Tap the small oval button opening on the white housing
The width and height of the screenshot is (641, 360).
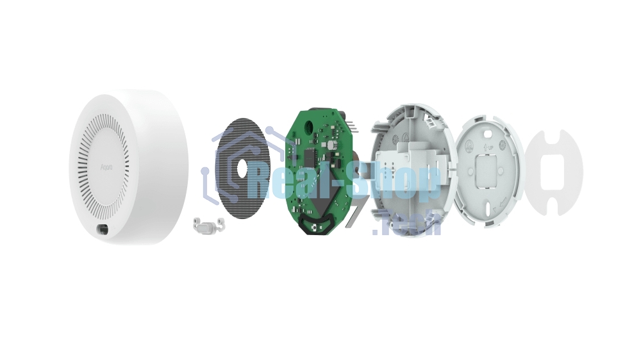(103, 229)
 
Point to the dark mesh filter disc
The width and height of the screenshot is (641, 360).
(234, 192)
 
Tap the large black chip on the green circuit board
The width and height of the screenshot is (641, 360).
(311, 156)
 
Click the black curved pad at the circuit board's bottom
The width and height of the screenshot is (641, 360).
(315, 225)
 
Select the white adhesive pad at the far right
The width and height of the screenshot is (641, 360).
(554, 172)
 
